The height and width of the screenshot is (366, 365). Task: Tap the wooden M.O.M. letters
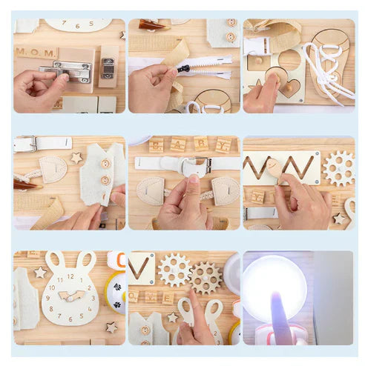[36, 53]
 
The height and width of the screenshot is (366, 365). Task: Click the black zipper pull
[180, 68]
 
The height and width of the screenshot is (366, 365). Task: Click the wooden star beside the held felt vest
[76, 158]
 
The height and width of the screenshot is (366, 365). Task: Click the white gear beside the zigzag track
[339, 168]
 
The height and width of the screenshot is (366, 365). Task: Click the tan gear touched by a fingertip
[205, 278]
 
